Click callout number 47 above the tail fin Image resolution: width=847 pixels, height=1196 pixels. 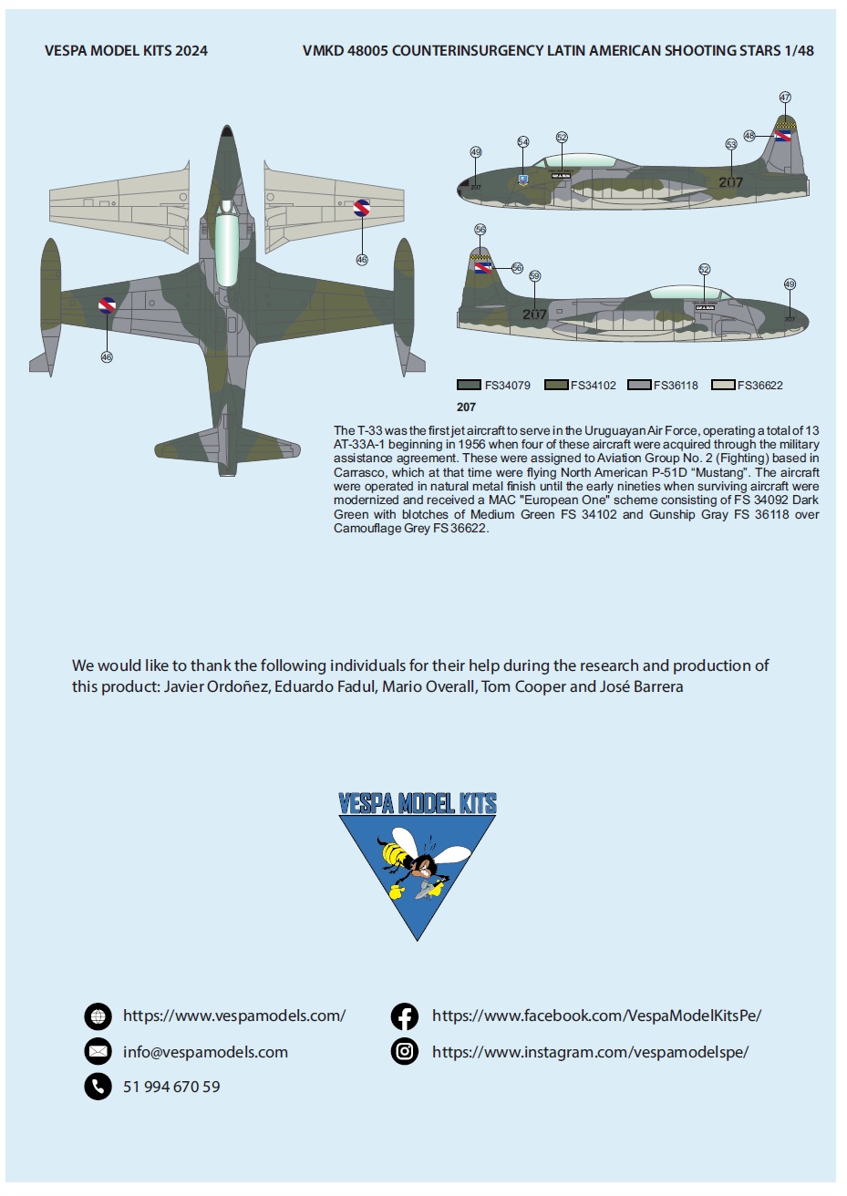785,98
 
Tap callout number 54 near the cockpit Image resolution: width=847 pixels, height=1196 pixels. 522,142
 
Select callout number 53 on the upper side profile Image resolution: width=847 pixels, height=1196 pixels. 731,144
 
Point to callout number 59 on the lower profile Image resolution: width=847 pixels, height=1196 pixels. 534,276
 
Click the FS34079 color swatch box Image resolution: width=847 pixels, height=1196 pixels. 469,385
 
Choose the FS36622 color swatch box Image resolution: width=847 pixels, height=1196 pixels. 723,385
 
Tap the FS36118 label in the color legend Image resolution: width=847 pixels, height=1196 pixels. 675,386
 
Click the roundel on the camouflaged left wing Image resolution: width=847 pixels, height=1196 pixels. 107,305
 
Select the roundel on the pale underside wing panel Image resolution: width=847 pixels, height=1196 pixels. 361,209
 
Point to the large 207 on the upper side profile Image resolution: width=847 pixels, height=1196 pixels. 730,182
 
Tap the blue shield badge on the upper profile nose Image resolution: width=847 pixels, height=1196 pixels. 522,180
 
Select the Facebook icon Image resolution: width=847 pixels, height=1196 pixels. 404,1016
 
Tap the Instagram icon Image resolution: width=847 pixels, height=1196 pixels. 404,1052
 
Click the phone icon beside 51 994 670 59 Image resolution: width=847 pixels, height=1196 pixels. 98,1087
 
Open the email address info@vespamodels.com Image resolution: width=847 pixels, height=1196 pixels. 205,1052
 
